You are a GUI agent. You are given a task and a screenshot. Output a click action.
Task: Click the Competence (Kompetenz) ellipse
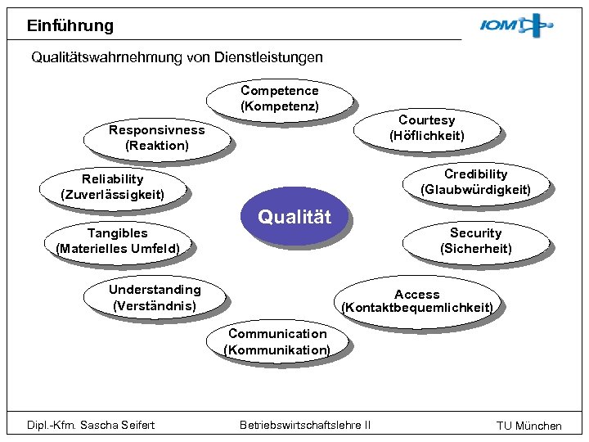[279, 99]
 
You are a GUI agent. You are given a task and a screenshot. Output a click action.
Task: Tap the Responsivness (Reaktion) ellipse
[156, 138]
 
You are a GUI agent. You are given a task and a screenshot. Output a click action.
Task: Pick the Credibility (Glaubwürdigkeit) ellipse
[475, 183]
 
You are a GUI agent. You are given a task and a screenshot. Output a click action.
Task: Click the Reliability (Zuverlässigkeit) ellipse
[112, 187]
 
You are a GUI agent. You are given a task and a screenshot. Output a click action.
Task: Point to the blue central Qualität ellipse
[294, 217]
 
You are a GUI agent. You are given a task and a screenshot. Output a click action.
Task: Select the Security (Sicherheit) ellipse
[475, 241]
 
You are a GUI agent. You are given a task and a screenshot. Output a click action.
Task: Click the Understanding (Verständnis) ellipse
[155, 298]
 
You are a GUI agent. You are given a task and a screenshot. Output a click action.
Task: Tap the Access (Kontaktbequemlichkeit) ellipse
[417, 301]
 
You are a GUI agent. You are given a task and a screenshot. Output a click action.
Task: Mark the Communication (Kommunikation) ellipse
[277, 342]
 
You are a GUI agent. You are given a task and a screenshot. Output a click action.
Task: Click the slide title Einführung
[70, 25]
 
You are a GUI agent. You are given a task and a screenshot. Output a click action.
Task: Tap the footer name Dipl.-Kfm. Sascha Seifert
[91, 424]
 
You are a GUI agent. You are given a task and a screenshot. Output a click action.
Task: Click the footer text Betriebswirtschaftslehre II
[304, 424]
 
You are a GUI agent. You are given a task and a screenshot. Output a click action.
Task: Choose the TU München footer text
[528, 425]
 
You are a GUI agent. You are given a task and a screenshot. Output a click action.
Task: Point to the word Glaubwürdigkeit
[475, 190]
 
